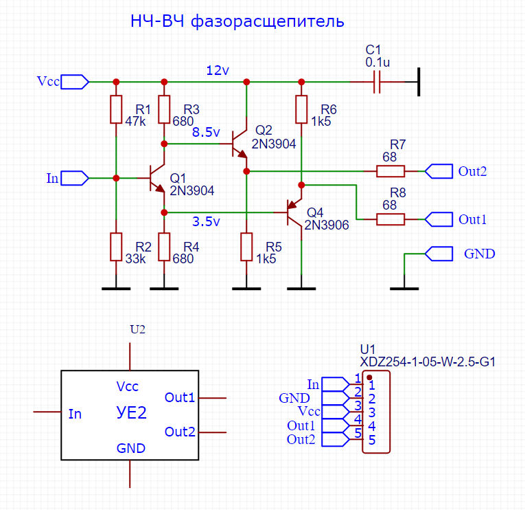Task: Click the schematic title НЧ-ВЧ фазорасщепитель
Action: click(x=237, y=22)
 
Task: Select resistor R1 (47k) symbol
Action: click(x=116, y=110)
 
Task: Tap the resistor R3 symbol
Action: click(x=164, y=110)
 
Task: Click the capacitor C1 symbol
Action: click(x=375, y=82)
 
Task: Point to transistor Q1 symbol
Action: click(x=159, y=179)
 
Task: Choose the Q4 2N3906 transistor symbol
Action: click(x=295, y=213)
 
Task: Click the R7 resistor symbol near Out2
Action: click(x=390, y=170)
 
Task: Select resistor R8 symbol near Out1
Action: click(x=390, y=219)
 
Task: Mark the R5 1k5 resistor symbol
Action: click(x=246, y=247)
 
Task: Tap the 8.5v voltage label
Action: click(x=206, y=132)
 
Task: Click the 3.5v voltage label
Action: click(x=206, y=222)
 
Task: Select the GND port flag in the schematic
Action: click(x=439, y=254)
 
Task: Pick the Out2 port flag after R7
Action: click(x=439, y=170)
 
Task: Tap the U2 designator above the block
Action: click(x=138, y=329)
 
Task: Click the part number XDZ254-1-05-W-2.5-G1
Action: click(x=428, y=361)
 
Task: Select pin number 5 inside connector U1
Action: click(x=371, y=441)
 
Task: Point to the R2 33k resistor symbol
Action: click(x=116, y=247)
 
